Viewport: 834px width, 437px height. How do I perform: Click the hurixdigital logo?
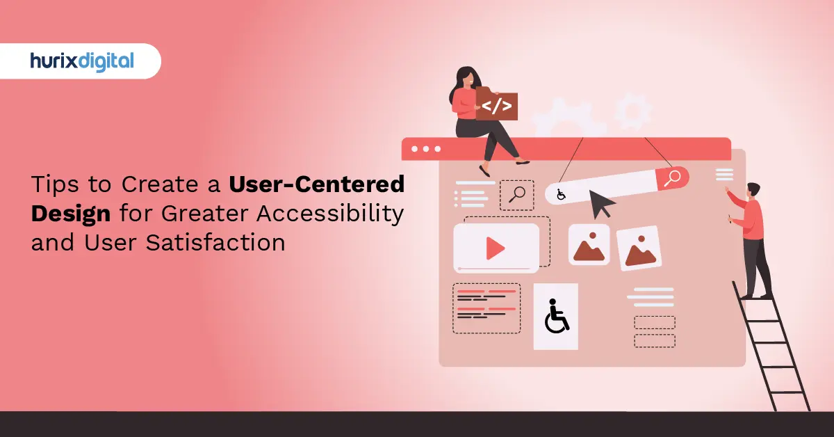81,61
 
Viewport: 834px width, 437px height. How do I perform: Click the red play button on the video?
496,248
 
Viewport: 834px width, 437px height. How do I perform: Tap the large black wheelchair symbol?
555,316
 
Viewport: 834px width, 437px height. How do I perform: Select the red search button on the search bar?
673,178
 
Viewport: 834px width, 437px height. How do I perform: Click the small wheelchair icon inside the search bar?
561,194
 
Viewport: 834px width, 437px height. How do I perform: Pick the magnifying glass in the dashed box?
516,194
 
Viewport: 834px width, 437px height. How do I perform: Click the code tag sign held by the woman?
496,106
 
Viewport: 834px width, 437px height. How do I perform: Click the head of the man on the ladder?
753,190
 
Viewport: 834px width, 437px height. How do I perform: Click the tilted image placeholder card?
639,248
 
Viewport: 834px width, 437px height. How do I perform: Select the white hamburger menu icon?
724,174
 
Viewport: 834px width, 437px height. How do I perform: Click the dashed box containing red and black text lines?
486,308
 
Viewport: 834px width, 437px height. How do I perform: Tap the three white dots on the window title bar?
425,149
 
